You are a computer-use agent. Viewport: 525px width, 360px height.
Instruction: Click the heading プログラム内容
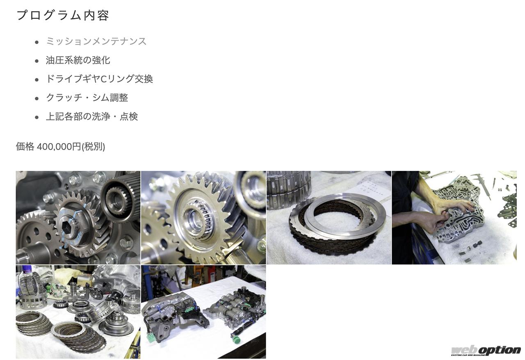63,16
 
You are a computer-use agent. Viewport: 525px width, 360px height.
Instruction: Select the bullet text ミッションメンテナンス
96,41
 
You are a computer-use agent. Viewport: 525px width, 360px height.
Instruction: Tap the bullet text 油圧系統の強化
78,60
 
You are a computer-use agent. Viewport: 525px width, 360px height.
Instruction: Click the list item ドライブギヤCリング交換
99,79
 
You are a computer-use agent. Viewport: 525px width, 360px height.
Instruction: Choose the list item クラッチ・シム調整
87,98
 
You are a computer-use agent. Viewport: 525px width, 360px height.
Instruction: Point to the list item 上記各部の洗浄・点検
92,116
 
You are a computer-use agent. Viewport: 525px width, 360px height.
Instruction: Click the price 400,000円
59,147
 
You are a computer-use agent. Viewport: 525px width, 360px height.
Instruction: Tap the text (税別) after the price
93,147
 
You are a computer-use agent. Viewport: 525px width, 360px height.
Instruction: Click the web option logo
485,351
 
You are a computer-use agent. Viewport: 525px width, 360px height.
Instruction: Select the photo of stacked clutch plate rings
329,217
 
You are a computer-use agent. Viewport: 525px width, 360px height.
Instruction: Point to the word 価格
25,147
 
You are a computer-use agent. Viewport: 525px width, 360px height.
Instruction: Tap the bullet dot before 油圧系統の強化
37,61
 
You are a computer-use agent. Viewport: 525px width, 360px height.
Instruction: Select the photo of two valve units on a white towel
203,312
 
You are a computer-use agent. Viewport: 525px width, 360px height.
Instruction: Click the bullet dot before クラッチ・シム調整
37,99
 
